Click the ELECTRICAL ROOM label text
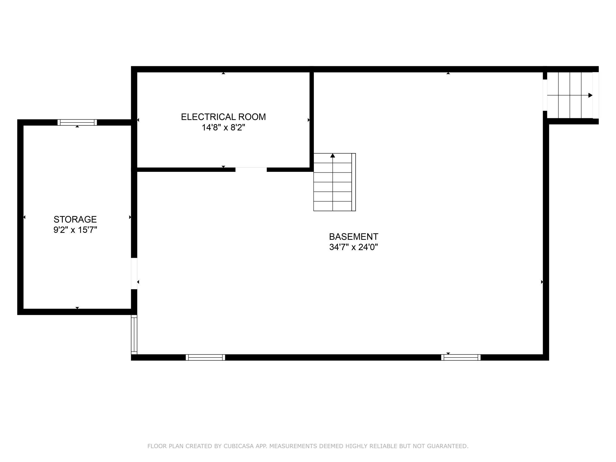(223, 117)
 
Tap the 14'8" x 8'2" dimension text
(223, 128)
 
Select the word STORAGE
(75, 219)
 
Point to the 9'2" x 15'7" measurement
(75, 230)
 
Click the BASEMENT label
(354, 237)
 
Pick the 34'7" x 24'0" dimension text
(354, 247)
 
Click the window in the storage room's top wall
(77, 122)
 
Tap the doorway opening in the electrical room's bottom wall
(251, 169)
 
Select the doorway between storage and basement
(134, 274)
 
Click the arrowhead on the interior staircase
(333, 156)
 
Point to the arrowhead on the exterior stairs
(590, 95)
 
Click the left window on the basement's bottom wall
(205, 357)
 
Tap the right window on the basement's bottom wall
(461, 357)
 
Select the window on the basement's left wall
(134, 334)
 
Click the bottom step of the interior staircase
(333, 206)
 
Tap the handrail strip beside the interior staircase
(354, 182)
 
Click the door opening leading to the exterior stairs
(545, 95)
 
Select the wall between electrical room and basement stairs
(311, 120)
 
